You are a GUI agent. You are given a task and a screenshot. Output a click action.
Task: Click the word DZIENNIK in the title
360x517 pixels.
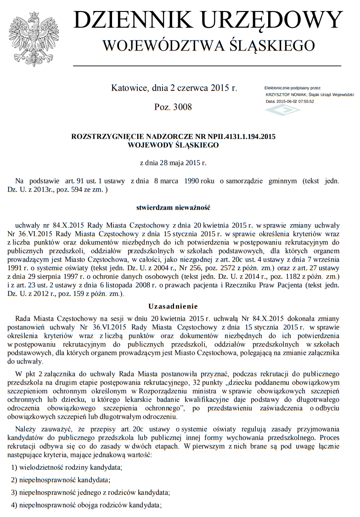[133, 21]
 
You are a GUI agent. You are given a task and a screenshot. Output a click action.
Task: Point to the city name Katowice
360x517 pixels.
[128, 87]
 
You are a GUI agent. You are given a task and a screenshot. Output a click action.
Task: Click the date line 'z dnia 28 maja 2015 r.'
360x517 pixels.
[173, 163]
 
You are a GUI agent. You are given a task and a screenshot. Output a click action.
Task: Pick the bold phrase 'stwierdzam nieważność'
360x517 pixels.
[173, 207]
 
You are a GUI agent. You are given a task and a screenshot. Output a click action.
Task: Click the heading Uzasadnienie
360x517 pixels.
[173, 306]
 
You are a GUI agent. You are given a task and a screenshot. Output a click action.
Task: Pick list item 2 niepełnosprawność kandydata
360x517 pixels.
[61, 480]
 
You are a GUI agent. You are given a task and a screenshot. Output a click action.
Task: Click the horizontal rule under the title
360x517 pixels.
[207, 66]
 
